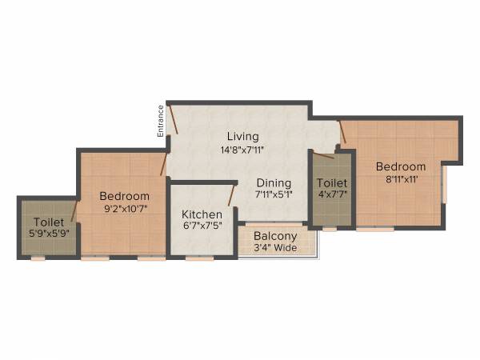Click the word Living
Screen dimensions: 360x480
242,136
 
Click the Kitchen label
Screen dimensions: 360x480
201,214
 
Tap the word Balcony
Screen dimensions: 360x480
275,236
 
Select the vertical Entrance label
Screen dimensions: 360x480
160,121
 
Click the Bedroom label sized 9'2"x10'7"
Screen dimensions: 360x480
124,196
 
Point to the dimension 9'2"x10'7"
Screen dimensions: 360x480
124,209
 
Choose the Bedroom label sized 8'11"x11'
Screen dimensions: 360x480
402,166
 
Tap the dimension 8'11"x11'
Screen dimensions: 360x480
402,179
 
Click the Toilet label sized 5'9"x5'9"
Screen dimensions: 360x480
49,222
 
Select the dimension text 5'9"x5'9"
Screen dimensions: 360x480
49,234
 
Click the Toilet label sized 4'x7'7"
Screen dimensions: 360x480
331,183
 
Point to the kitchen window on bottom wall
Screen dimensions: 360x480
200,258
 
